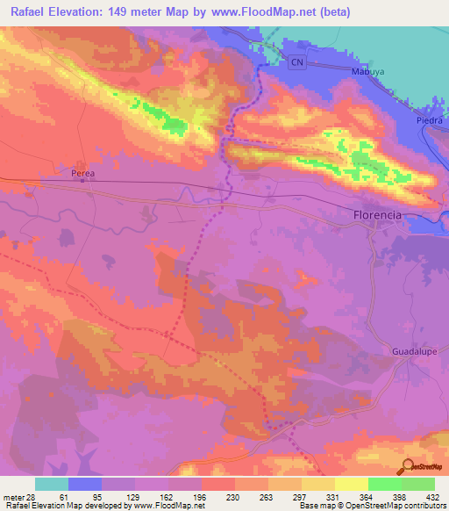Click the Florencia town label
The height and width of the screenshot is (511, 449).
(x=376, y=214)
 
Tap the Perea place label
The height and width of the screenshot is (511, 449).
(x=82, y=174)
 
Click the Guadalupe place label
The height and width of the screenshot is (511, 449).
(x=411, y=349)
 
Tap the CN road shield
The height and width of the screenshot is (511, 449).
(x=298, y=62)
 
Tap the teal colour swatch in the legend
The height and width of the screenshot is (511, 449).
(x=52, y=484)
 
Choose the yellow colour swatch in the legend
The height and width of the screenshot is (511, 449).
(x=351, y=484)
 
